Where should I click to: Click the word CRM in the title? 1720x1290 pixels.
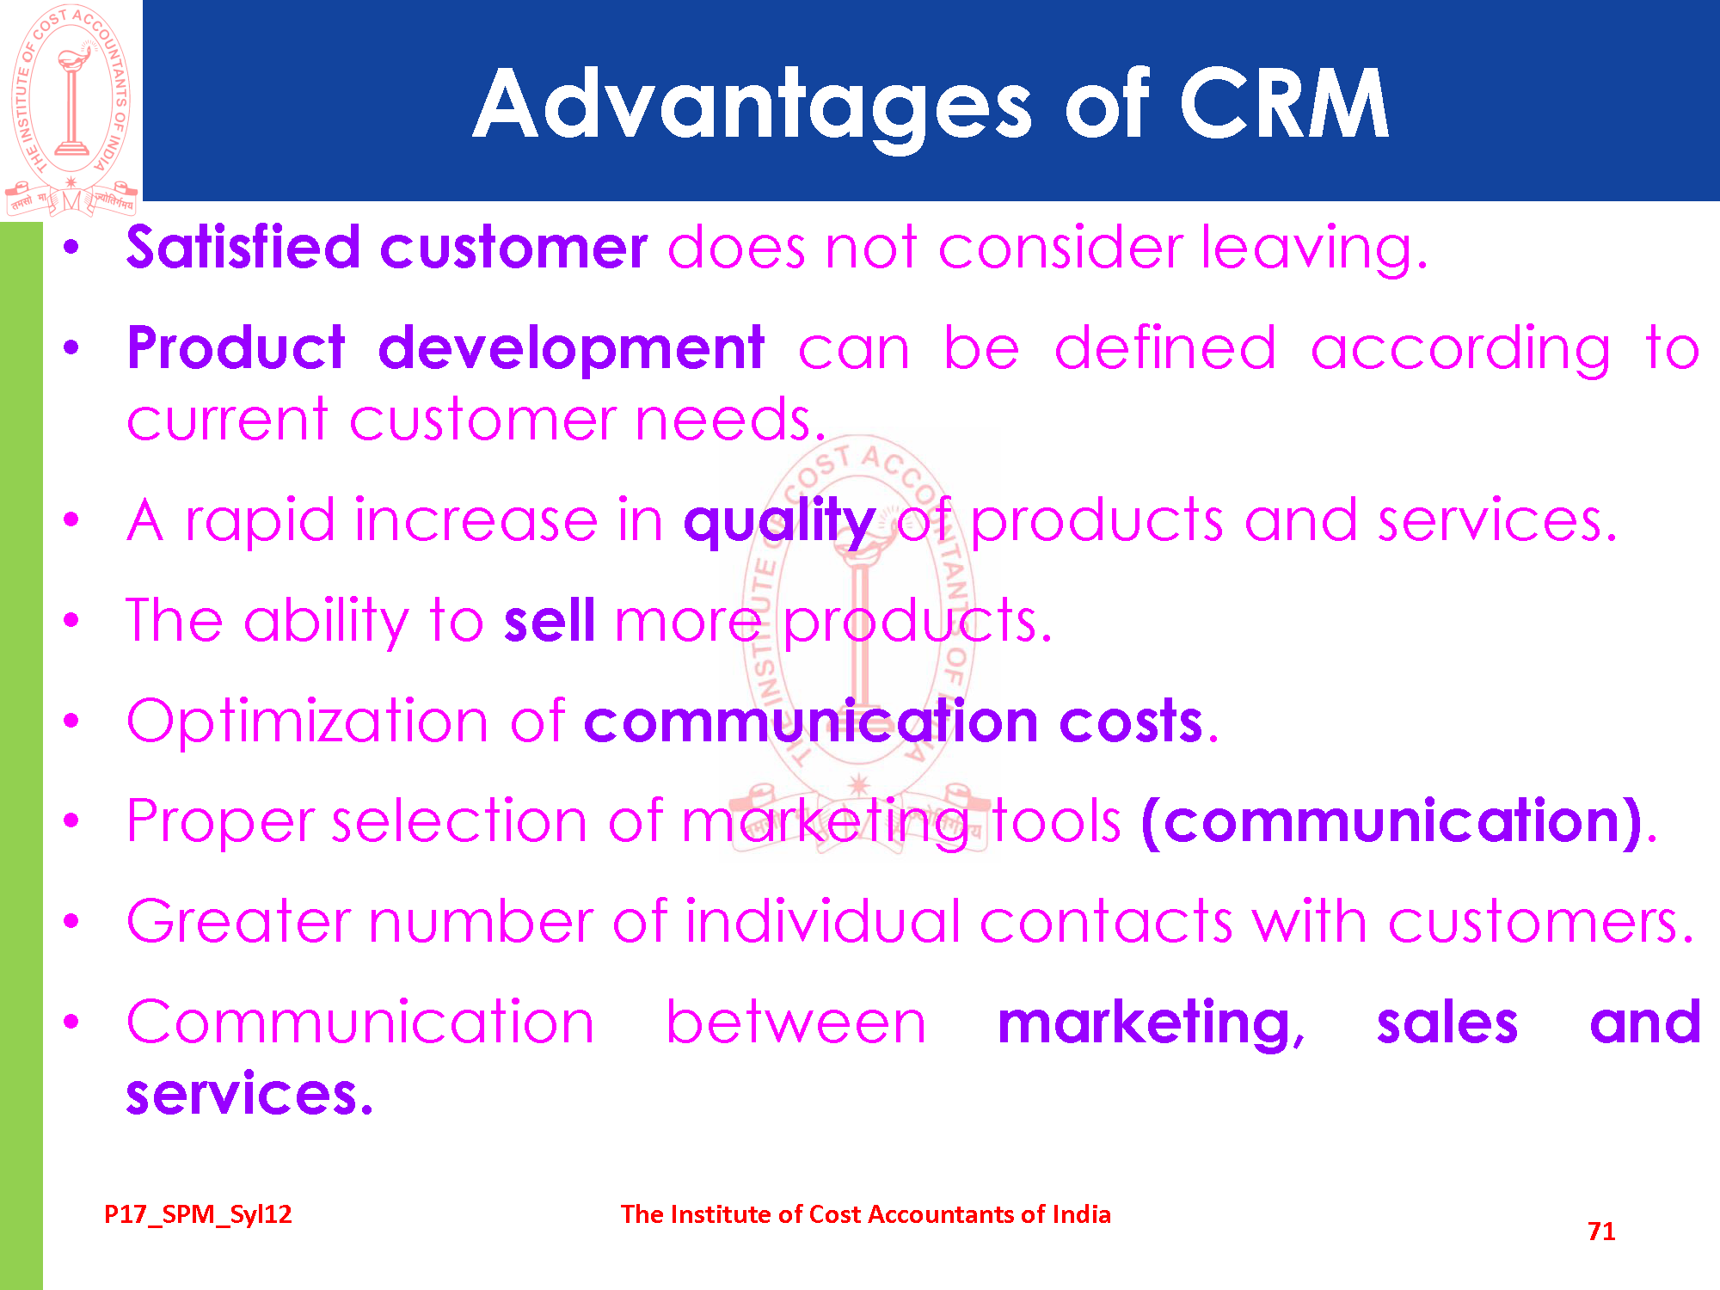pyautogui.click(x=1284, y=103)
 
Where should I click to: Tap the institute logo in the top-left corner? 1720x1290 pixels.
pyautogui.click(x=71, y=109)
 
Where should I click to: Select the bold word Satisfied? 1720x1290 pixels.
pyautogui.click(x=243, y=247)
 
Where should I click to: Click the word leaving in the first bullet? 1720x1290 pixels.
pyautogui.click(x=1314, y=249)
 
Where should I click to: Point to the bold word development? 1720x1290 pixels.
pyautogui.click(x=571, y=348)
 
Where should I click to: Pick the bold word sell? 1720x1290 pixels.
pyautogui.click(x=550, y=620)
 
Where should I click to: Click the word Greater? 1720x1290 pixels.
pyautogui.click(x=239, y=921)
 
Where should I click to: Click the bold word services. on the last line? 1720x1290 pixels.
pyautogui.click(x=249, y=1094)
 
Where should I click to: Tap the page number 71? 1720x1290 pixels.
pyautogui.click(x=1601, y=1232)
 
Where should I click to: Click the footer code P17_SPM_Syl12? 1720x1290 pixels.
pyautogui.click(x=198, y=1214)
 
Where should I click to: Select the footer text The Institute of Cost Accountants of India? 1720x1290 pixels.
pyautogui.click(x=866, y=1214)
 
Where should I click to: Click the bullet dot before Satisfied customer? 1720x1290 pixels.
pyautogui.click(x=71, y=249)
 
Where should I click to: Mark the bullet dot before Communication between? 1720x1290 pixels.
pyautogui.click(x=71, y=1023)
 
